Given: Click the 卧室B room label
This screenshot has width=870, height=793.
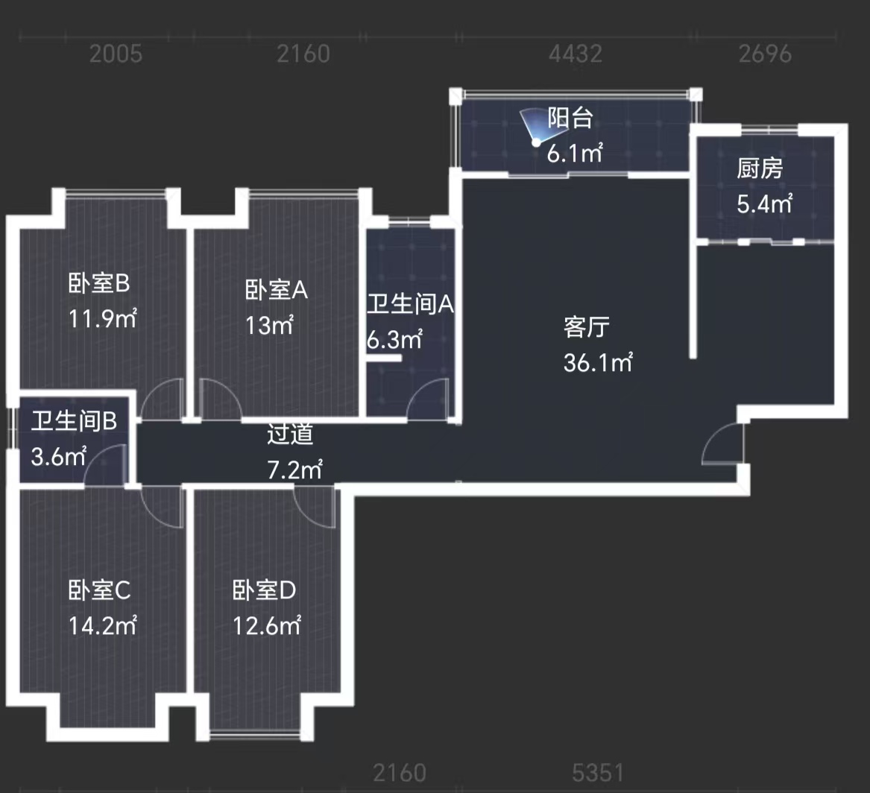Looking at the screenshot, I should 99,284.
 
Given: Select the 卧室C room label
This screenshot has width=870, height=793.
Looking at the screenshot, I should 99,591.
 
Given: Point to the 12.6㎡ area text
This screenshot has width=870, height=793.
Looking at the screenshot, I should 266,625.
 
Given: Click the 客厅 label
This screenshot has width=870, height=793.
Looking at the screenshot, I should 587,327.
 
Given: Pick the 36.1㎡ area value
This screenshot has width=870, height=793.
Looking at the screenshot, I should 599,363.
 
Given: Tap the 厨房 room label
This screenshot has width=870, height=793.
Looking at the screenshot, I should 760,170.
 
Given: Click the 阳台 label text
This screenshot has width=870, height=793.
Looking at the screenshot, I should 570,119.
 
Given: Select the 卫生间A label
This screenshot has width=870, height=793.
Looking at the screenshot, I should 410,305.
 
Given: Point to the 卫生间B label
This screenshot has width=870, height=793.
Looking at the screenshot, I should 74,423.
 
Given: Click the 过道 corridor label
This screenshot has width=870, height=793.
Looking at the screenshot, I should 290,434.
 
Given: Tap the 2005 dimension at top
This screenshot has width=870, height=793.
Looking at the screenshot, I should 115,54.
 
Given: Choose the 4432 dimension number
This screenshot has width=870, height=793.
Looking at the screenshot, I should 575,54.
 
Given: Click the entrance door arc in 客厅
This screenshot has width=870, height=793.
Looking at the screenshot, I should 721,444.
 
